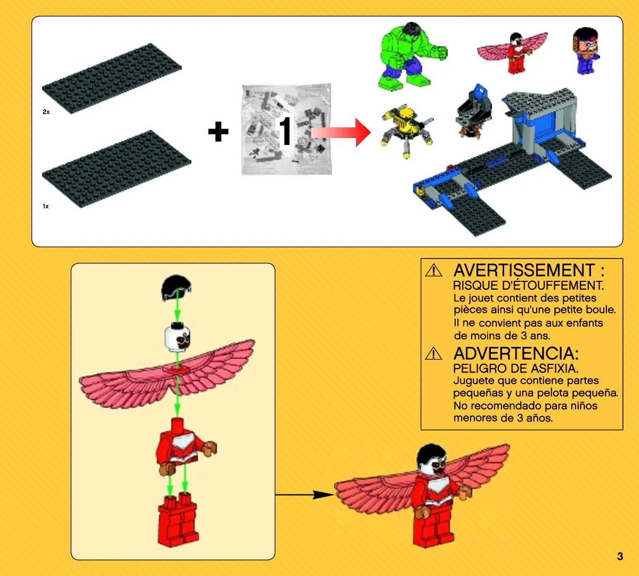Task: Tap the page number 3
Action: [x=620, y=556]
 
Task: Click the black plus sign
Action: [x=218, y=132]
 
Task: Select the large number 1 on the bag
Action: [x=286, y=131]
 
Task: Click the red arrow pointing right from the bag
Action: [x=341, y=132]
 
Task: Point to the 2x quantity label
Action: [x=46, y=111]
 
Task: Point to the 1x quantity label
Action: [x=46, y=206]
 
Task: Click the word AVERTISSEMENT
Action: [x=524, y=271]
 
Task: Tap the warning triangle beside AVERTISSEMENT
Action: [x=434, y=271]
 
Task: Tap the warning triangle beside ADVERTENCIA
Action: [x=434, y=354]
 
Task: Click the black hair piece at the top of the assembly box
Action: [x=176, y=287]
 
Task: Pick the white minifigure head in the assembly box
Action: [x=177, y=337]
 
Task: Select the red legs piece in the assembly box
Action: [x=178, y=520]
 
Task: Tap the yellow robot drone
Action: [x=406, y=128]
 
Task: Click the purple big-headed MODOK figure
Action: [x=586, y=51]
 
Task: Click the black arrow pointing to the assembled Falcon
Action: [x=305, y=495]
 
